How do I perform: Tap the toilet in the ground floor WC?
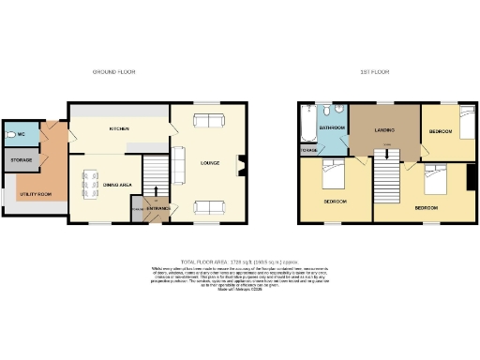(x=8, y=134)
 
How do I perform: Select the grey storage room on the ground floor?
(x=22, y=160)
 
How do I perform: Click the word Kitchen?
(x=119, y=128)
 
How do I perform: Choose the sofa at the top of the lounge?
(x=207, y=119)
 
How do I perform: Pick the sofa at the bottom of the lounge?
(x=207, y=207)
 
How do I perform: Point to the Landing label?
(x=382, y=128)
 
